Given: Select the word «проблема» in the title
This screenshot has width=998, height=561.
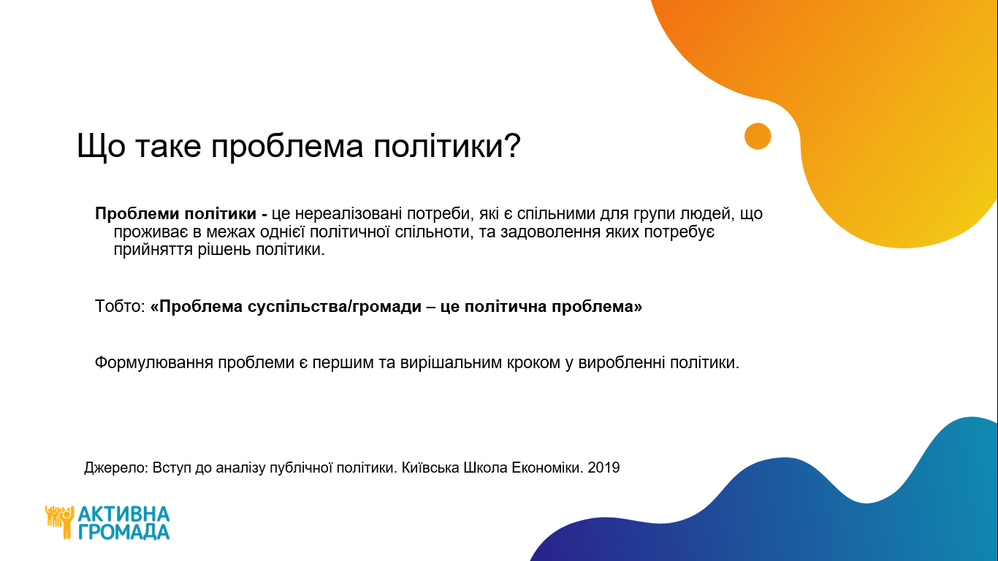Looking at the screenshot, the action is [287, 148].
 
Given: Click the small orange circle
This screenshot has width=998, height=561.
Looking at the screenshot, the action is [758, 136].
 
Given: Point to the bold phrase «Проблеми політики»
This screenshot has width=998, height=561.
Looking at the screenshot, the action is [175, 214].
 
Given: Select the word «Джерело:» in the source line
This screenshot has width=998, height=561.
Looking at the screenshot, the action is [116, 468].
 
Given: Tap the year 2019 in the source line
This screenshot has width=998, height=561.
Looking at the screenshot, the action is [603, 467].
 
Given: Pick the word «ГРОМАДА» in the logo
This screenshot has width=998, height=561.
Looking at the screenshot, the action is [124, 532].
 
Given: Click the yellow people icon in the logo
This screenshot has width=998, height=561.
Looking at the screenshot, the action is [60, 522].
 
